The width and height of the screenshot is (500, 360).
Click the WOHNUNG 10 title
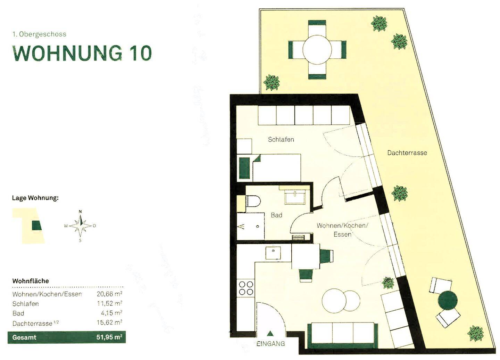pos(82,53)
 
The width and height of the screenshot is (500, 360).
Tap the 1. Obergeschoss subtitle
pos(39,34)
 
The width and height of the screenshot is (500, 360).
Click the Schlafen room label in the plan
pos(281,139)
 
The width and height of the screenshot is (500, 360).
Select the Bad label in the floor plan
pos(276,215)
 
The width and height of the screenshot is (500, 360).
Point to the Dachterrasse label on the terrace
pos(407,153)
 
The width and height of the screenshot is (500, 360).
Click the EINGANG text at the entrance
pos(270,344)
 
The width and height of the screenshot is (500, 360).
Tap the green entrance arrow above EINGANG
pos(270,334)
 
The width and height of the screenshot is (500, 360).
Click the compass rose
pos(80,226)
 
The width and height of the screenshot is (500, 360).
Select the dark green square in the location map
pos(36,226)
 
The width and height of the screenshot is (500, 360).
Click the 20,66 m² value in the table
pos(109,294)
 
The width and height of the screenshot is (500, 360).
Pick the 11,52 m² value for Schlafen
pos(109,304)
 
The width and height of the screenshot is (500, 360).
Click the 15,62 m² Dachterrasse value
pos(109,323)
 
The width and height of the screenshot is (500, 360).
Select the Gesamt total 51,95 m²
pos(109,337)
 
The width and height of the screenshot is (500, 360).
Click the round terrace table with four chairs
pos(317,50)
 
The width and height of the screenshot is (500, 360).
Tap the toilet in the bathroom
pos(252,202)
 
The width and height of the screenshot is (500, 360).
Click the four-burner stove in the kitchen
pos(246,288)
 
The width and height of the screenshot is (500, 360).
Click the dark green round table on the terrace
pos(448,301)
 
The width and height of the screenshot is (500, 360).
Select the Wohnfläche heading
pos(31,281)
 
